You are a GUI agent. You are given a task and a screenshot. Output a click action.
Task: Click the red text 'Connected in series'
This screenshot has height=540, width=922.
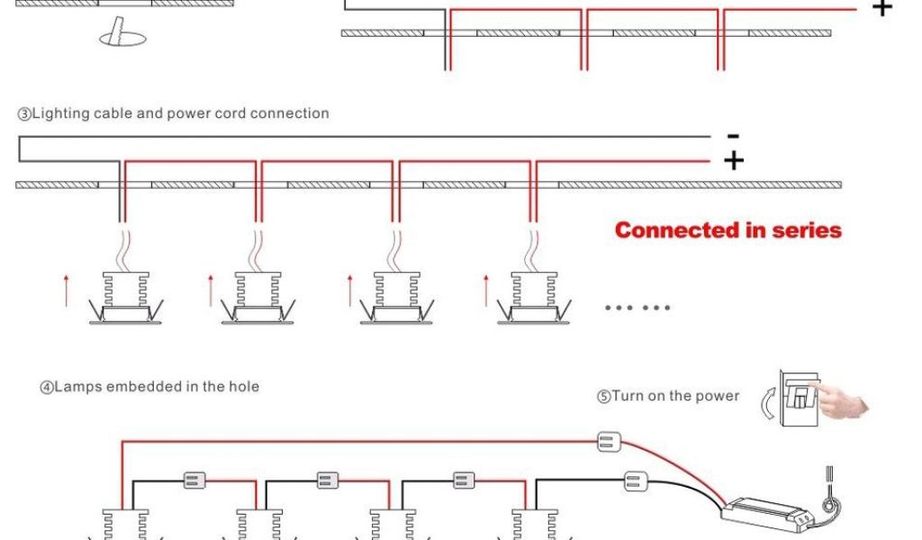point(728,230)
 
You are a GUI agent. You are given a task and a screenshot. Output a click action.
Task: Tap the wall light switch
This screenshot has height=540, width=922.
point(796,395)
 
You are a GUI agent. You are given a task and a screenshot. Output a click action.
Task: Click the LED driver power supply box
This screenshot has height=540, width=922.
point(765,514)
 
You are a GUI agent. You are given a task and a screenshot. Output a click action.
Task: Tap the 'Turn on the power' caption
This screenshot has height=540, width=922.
point(668,396)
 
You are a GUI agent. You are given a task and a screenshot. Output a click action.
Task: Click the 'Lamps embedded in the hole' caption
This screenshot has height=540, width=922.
point(149,387)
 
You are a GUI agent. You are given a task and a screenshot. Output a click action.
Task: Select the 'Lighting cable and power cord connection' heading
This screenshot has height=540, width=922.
point(173,113)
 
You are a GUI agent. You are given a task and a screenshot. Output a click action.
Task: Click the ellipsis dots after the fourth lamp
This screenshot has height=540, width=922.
point(637,308)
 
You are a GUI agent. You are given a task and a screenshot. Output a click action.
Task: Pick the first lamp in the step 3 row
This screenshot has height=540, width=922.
point(122,297)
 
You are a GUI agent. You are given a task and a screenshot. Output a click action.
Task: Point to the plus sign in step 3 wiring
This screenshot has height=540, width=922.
point(734,161)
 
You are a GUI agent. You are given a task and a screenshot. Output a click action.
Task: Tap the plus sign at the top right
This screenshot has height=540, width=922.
point(882,9)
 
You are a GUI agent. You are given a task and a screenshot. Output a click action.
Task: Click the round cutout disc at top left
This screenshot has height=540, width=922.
point(122,36)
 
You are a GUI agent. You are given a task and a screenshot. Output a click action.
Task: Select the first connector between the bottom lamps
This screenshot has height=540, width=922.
point(194,480)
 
